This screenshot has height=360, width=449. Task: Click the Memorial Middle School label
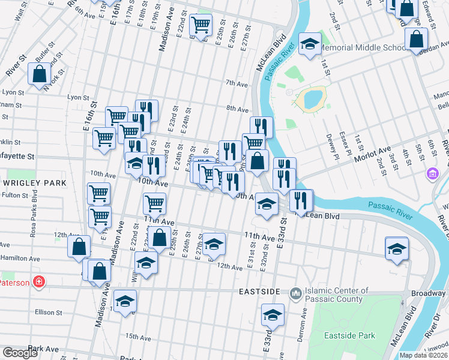tap(363, 48)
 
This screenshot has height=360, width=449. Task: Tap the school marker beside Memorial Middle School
tap(310, 44)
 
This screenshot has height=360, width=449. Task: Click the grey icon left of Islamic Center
tap(295, 293)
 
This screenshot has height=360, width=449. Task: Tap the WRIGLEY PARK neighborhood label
tap(26, 182)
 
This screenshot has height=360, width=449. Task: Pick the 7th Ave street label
tap(237, 83)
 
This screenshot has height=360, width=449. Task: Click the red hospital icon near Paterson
tap(39, 281)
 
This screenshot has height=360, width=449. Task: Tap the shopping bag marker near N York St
tap(39, 74)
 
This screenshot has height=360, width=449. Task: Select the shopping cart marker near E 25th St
tap(200, 25)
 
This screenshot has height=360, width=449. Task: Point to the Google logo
tap(20, 353)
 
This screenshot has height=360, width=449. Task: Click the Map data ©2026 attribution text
tap(423, 355)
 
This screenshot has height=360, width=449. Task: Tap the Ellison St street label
tap(49, 312)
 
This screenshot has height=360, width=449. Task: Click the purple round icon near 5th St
tap(431, 174)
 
